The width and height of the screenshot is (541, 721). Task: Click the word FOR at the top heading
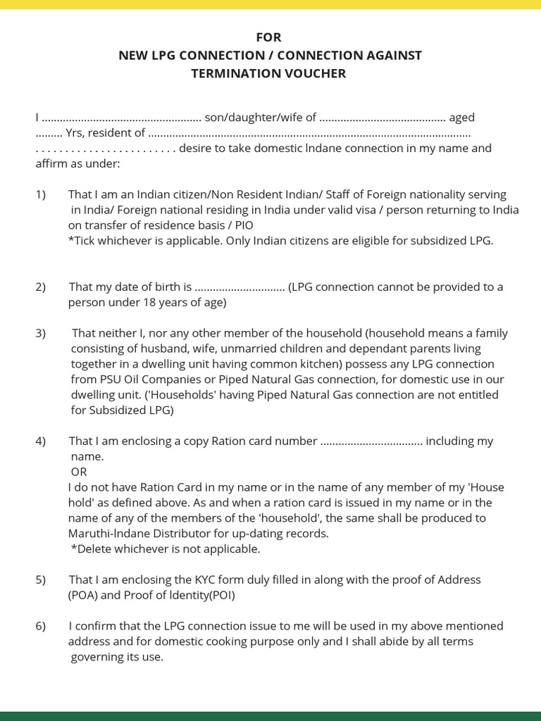[269, 37]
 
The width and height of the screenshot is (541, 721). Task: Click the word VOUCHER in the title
[314, 73]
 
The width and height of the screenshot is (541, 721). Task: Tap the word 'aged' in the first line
[462, 118]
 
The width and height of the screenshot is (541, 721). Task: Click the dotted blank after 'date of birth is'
[239, 287]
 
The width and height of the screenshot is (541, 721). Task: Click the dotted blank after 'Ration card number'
[371, 441]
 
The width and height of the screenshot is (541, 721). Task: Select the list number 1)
[41, 194]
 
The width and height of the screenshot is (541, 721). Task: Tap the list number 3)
[41, 333]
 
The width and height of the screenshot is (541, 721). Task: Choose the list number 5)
[41, 579]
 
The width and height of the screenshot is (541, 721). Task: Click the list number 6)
[41, 626]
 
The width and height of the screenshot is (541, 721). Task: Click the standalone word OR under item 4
[79, 472]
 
